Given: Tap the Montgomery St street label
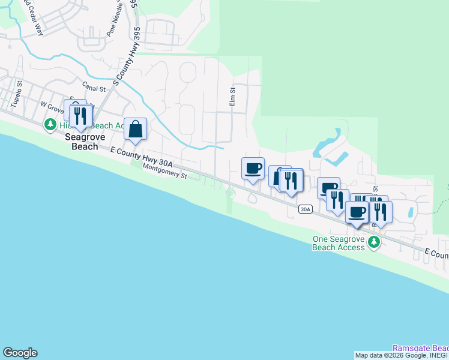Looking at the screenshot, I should tap(165, 172).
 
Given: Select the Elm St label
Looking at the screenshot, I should tap(233, 96).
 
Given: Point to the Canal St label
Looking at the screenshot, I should tap(94, 88).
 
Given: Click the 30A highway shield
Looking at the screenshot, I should tap(306, 209).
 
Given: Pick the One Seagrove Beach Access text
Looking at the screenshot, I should tap(339, 243).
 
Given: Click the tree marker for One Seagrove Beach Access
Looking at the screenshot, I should tap(374, 242).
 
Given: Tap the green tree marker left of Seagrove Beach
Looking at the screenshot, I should tap(50, 125).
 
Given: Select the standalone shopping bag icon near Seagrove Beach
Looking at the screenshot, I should tap(136, 128).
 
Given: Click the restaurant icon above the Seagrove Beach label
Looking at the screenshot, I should tap(80, 115).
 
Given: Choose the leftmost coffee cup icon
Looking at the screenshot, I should tap(253, 168).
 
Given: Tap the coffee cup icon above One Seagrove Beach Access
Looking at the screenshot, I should tap(357, 212).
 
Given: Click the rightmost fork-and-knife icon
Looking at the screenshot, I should tap(380, 212).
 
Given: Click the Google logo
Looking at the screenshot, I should tap(20, 353).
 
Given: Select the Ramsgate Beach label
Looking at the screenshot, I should tap(420, 348).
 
